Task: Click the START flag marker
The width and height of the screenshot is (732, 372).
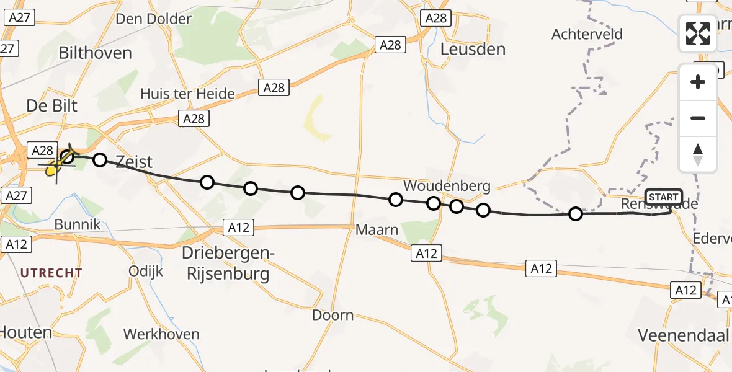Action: [664, 197]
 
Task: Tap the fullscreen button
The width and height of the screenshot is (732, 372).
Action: [698, 33]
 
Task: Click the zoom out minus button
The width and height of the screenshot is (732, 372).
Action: [698, 118]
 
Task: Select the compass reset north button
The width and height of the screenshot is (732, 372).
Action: [698, 154]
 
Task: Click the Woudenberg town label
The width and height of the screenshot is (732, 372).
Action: [447, 185]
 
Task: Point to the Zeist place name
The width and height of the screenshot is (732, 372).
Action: [133, 162]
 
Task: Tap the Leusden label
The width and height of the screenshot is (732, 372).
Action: [473, 49]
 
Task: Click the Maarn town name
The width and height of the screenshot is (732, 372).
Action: [377, 230]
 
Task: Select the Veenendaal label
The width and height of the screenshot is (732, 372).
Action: [683, 335]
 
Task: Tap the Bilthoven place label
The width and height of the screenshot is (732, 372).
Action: [95, 53]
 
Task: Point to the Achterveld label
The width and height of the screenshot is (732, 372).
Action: [587, 34]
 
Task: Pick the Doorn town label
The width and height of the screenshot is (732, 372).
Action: [333, 315]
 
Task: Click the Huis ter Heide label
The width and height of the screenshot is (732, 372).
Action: [187, 94]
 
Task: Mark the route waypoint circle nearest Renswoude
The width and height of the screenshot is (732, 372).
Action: [576, 214]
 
